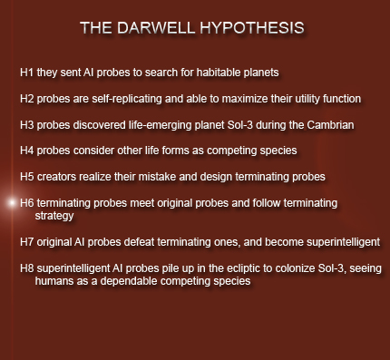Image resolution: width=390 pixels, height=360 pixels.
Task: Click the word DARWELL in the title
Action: pos(156,28)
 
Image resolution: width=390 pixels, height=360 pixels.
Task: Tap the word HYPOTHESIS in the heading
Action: pos(252,28)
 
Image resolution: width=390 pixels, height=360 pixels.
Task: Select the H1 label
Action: pos(26,73)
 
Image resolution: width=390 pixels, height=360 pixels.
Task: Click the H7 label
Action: pos(26,242)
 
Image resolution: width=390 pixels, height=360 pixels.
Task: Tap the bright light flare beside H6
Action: pos(12,203)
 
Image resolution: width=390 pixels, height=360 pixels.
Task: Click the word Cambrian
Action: pos(330,125)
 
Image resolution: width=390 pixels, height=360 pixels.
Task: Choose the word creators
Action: pos(56,177)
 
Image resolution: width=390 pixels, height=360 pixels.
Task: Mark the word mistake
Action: pos(157,177)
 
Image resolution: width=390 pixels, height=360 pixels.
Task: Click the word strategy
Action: pos(54,216)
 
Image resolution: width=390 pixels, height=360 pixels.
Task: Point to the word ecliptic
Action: pos(243,268)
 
